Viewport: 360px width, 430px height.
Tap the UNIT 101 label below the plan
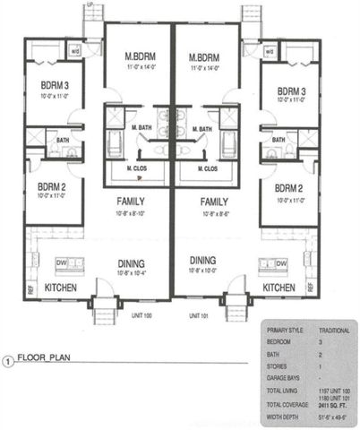[199, 315]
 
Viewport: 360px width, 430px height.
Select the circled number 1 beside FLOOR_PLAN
[9, 363]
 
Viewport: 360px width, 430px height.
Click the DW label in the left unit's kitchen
[61, 262]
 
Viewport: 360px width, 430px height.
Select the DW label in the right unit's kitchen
[281, 263]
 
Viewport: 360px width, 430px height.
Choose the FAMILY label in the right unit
[213, 202]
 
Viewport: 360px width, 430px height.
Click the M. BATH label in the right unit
[201, 129]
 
